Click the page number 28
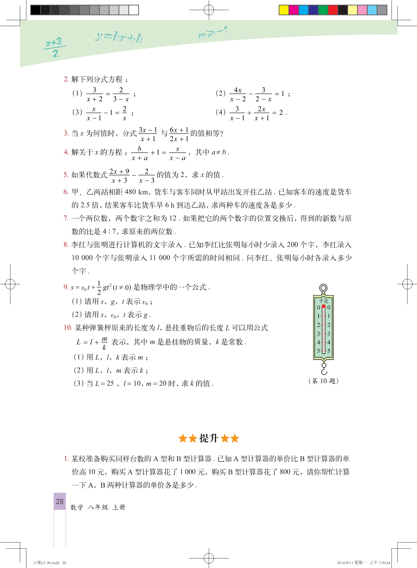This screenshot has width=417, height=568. pos(60,501)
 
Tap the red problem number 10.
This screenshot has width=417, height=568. pos(68,327)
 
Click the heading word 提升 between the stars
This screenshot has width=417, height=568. pos(208,438)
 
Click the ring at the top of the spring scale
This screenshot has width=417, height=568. pos(323,288)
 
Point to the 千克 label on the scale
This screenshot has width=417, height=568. pos(323,301)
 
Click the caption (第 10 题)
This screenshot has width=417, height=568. pos(323,381)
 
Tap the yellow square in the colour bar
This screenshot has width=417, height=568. pos(284,10)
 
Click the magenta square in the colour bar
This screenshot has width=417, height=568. pos(293,10)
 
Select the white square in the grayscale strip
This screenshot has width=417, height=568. pos(134,10)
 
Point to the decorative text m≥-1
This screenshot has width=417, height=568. pos(213,33)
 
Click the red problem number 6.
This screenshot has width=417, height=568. pos(66,192)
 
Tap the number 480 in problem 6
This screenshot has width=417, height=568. pos(130,192)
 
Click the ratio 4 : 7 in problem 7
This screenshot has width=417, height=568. pos(109,232)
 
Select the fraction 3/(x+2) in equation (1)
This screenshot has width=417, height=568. pos(94,94)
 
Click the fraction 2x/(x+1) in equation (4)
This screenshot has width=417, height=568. pos(262,113)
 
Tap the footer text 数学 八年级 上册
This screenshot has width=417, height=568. pos(98,507)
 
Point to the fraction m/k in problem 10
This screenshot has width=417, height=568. pos(104,343)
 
